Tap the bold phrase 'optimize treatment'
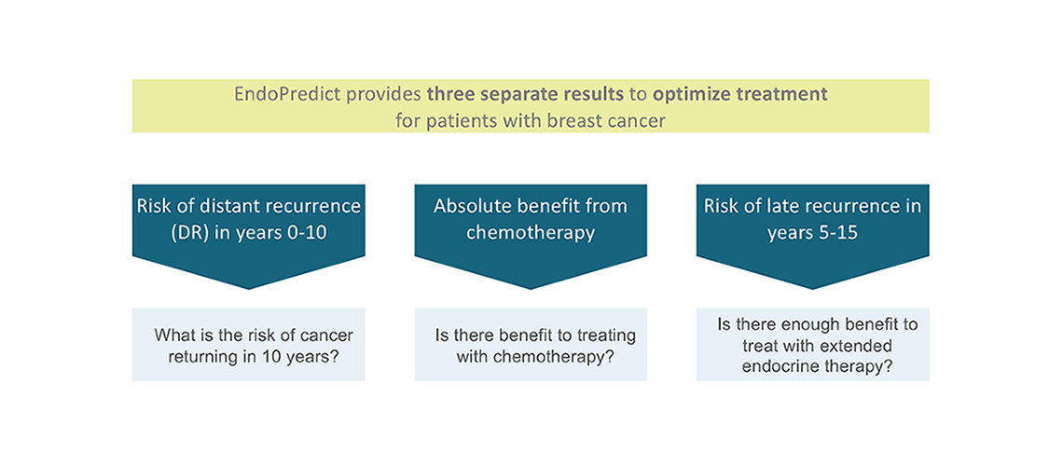[740, 94]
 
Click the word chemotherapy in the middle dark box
[531, 233]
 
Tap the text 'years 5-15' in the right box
[812, 233]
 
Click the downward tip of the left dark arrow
[249, 289]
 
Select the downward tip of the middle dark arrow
[531, 289]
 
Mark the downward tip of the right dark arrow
[813, 289]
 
